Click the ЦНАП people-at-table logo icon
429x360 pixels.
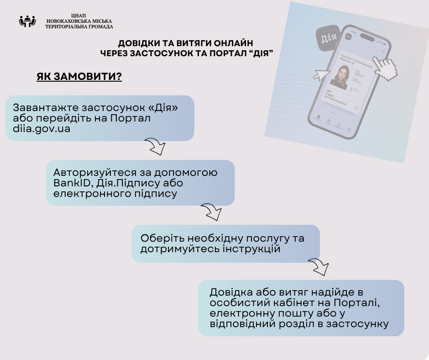[x=27, y=21]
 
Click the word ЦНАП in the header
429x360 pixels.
[x=79, y=15]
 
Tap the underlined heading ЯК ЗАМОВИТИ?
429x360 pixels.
[x=79, y=77]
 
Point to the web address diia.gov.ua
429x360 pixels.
[x=42, y=129]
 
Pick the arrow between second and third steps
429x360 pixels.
[x=211, y=212]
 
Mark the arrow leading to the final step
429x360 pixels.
[x=319, y=266]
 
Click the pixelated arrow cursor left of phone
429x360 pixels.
[x=322, y=74]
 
